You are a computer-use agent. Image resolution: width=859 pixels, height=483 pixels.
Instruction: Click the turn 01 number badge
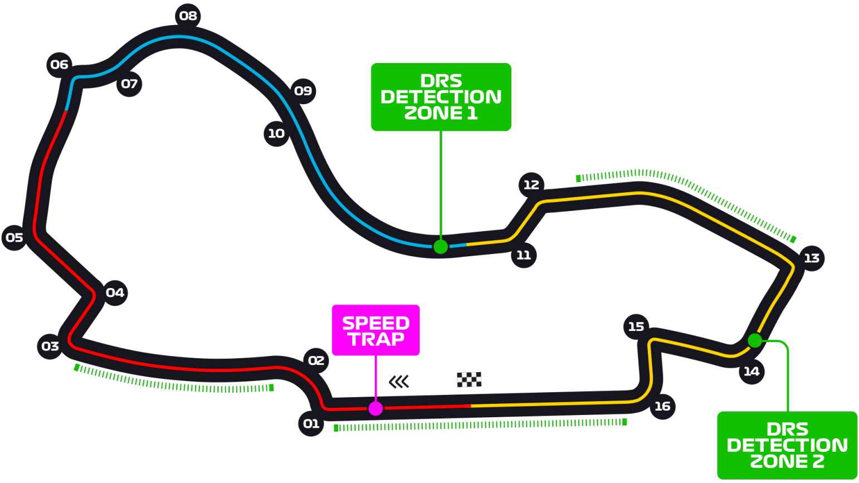pos(311,423)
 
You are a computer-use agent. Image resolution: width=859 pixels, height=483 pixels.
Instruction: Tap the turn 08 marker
pos(188,16)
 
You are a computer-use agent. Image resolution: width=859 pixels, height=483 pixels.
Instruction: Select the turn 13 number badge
pos(812,258)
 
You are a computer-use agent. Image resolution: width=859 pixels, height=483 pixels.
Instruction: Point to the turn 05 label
pos(14,238)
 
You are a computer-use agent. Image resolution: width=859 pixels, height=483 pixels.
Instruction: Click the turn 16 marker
pos(662,406)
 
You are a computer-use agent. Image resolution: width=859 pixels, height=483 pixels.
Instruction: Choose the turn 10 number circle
pos(276,134)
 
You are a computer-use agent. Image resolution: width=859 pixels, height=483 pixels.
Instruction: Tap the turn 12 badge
pos(531,185)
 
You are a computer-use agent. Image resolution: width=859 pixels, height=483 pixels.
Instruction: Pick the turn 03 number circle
pos(50,347)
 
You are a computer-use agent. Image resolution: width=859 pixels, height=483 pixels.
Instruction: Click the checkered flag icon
pos(469,380)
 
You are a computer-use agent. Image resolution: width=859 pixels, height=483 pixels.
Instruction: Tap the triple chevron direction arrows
pos(399,382)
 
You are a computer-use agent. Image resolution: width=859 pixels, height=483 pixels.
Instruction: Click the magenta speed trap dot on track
pos(376,409)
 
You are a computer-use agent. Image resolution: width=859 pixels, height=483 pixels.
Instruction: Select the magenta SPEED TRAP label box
pos(375,330)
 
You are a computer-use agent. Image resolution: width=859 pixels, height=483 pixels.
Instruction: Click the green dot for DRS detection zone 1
pos(441,247)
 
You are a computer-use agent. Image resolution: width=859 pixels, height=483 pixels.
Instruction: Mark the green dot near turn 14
pos(755,340)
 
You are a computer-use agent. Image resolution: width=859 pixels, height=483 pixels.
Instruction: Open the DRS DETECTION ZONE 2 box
pos(787,445)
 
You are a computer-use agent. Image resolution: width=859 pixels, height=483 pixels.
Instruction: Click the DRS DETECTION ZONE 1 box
pos(441,97)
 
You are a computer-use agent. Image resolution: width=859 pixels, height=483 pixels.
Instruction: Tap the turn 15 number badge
pos(636,326)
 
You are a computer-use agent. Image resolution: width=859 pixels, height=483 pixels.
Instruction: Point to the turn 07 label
pos(129,84)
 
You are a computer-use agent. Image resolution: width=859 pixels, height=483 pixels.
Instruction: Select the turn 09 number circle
pos(303,91)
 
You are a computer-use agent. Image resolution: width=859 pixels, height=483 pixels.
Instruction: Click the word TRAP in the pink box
pos(376,339)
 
